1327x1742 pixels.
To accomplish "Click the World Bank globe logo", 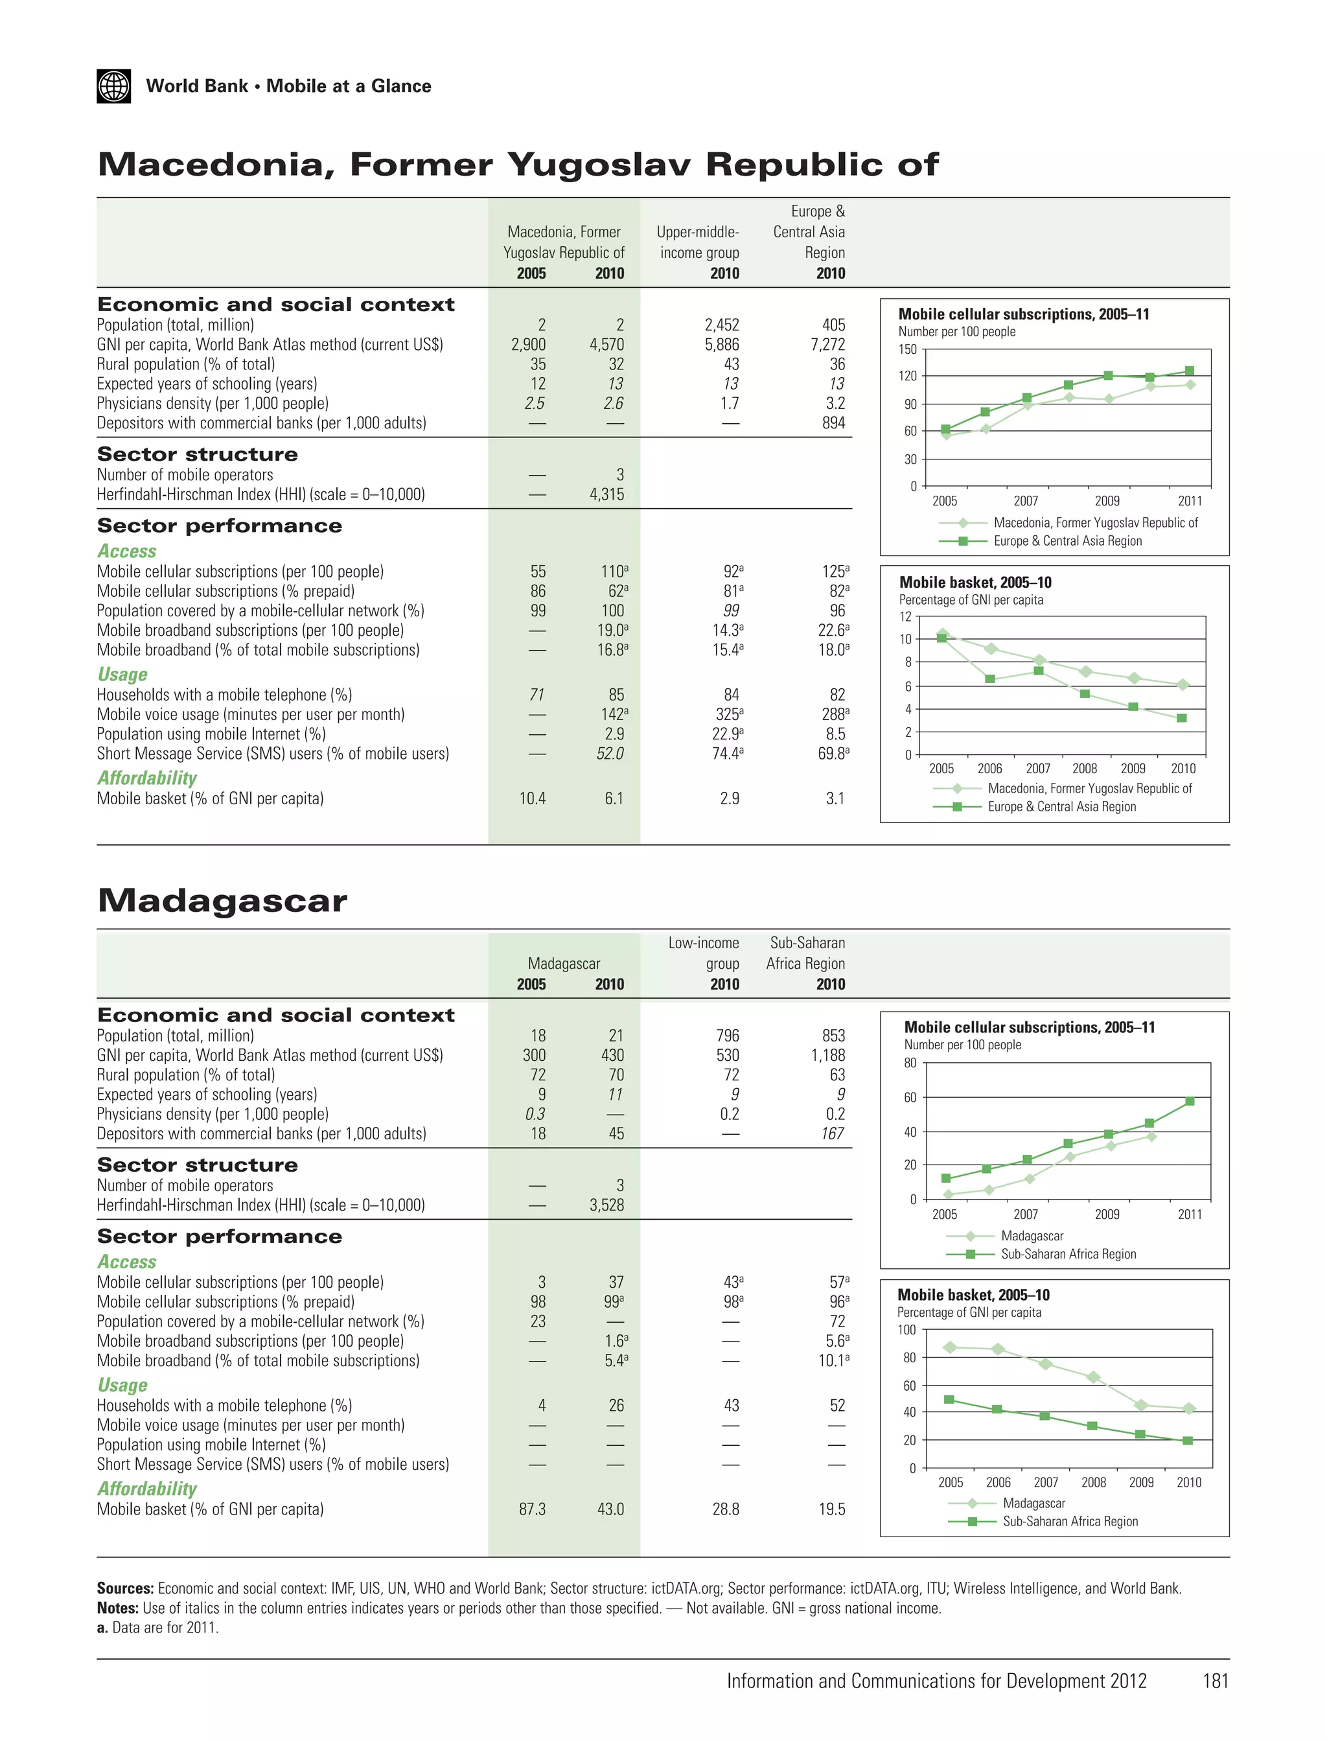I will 114,86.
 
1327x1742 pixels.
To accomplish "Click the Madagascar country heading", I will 222,901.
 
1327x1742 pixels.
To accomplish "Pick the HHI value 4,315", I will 606,494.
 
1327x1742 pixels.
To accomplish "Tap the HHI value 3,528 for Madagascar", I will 606,1205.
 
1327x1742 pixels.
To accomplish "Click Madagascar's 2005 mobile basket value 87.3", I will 533,1509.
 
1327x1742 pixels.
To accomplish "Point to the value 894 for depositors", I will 833,423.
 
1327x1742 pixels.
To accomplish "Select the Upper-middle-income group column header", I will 698,242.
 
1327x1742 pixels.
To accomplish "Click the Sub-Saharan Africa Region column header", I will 805,953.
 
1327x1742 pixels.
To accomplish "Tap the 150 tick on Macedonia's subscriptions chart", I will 908,349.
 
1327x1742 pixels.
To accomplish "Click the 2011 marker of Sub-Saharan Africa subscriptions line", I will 1190,1101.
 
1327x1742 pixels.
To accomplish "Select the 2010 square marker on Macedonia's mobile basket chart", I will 1182,718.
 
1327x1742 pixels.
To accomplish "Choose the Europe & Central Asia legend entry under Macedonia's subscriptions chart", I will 1067,541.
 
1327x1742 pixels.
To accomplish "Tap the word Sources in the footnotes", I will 125,1588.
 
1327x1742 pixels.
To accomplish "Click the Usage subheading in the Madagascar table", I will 122,1385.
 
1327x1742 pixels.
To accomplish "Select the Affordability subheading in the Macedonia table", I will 147,778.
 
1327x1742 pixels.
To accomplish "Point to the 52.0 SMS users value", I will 610,754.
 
